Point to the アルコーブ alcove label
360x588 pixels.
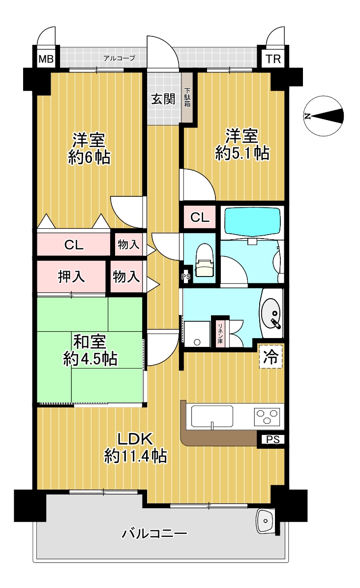point(119,58)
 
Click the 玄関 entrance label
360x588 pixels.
point(163,99)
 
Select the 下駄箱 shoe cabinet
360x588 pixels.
point(187,97)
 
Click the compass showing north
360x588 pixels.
point(324,116)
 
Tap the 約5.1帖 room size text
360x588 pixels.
point(242,154)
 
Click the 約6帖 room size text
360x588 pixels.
point(89,157)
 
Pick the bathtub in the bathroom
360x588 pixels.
point(252,221)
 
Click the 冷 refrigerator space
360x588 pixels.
point(271,357)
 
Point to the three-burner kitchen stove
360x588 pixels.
point(268,416)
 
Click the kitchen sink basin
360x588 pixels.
point(212,417)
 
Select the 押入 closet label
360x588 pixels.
point(71,277)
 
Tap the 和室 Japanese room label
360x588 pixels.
point(90,341)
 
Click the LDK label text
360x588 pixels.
point(135,438)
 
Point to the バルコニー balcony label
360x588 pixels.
point(154,533)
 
